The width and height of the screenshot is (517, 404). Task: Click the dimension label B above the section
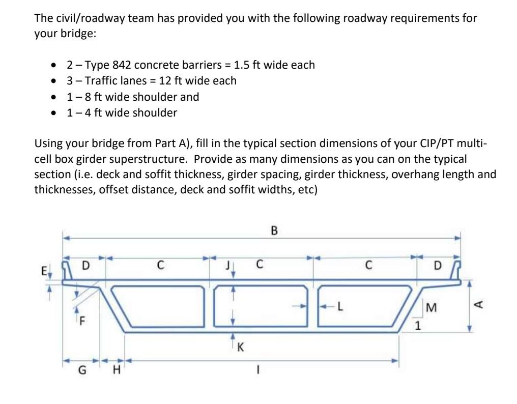(274, 232)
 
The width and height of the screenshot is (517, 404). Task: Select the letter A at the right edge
(478, 304)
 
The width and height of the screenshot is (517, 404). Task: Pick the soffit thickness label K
(240, 348)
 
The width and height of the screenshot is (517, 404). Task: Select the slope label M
(432, 307)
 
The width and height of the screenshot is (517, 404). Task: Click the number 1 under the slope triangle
(417, 327)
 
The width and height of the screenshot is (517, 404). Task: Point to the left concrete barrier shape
(66, 270)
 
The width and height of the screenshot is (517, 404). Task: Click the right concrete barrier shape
(457, 270)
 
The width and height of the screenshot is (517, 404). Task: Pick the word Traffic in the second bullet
(102, 81)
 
